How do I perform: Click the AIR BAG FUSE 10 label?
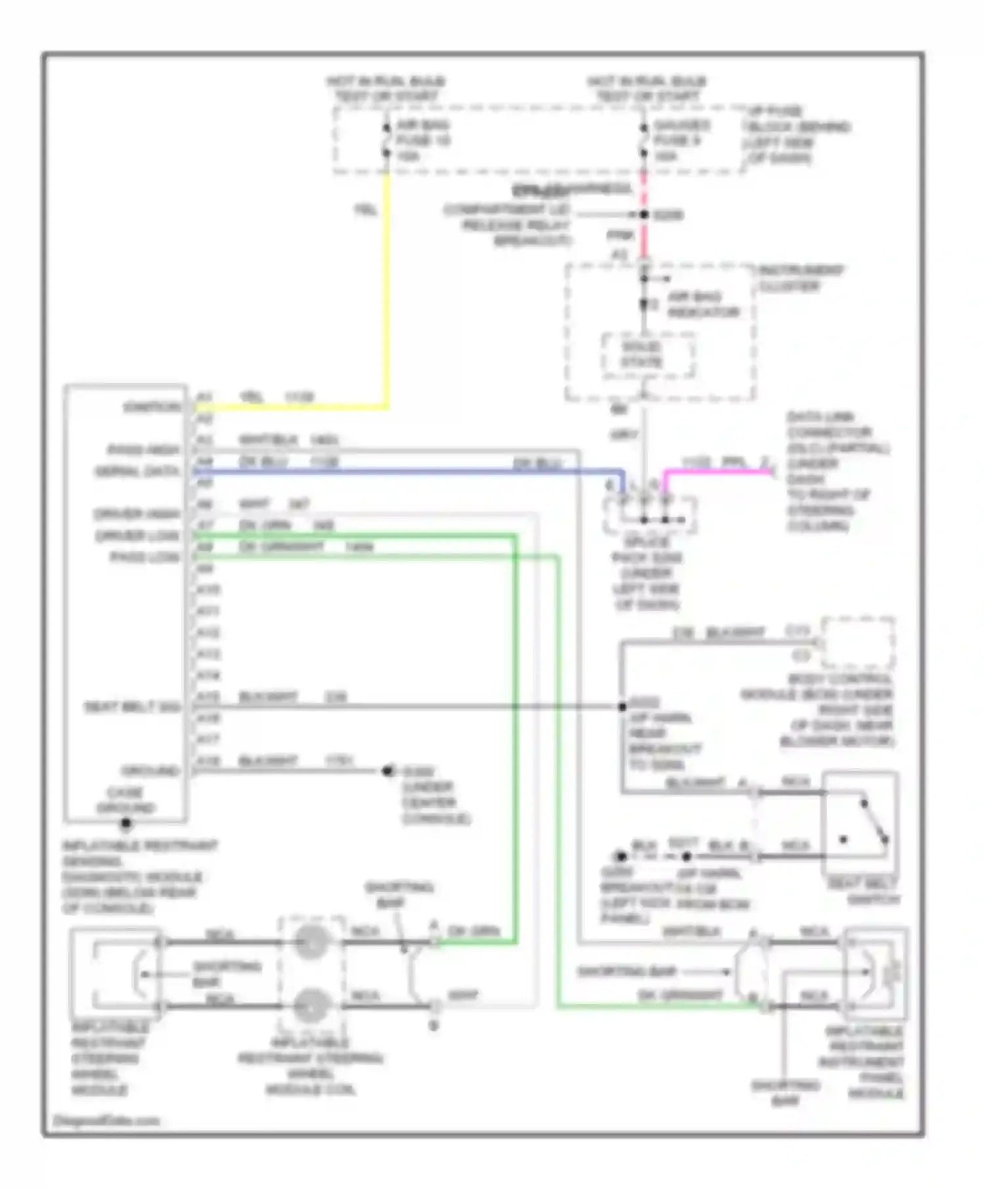tap(422, 140)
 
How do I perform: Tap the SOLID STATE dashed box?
tap(648, 355)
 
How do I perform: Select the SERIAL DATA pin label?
tap(137, 471)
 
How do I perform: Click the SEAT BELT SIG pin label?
tap(133, 707)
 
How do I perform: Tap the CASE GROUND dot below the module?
tap(126, 823)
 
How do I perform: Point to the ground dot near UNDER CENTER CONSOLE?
tap(388, 771)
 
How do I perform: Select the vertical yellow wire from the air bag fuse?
tap(387, 288)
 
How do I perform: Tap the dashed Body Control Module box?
tap(858, 642)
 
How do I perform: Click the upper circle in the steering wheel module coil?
tap(312, 943)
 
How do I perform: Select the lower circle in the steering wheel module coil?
tap(312, 1005)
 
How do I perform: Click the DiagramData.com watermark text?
tap(106, 1121)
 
